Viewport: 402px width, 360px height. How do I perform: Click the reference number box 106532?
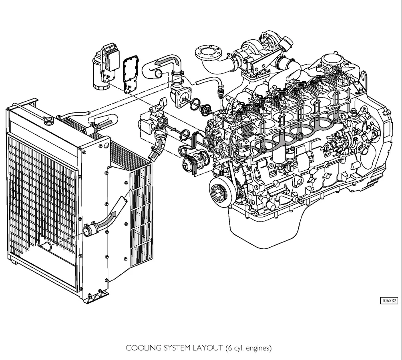(389, 300)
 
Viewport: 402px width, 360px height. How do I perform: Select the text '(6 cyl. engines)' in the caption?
(248, 348)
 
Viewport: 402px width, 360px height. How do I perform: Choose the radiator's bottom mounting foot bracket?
(97, 297)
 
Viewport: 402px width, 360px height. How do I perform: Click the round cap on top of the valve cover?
(333, 60)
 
